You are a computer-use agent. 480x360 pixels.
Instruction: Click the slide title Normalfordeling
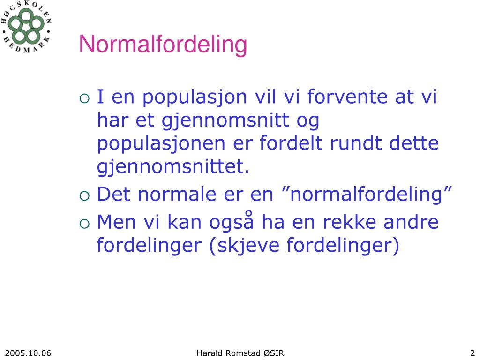click(163, 45)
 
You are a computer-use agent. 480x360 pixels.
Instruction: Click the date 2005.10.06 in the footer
click(28, 353)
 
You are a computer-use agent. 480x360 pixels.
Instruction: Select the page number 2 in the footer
click(472, 353)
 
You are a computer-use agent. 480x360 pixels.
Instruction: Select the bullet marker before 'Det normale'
click(84, 195)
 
